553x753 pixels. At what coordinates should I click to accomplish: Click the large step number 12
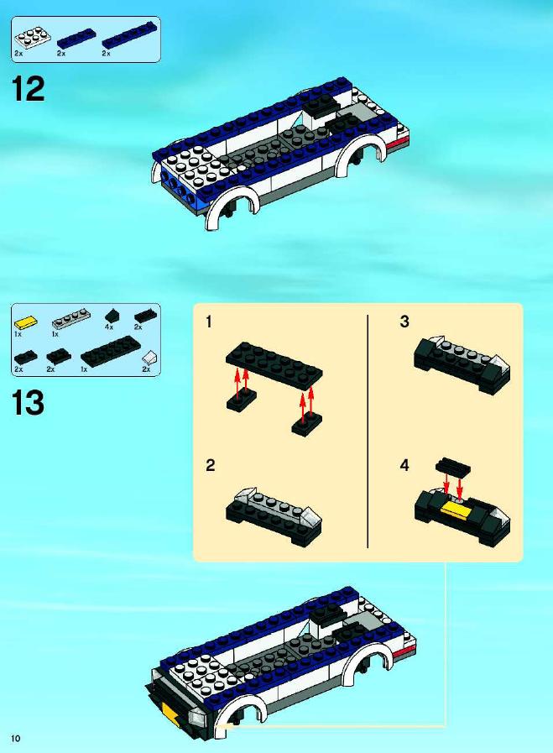28,89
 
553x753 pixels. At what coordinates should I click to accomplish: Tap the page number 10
16,738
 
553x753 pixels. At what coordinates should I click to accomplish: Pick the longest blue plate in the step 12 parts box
129,34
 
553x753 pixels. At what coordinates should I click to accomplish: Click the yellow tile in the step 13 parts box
26,322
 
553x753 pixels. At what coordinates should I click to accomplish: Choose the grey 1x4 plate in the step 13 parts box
71,319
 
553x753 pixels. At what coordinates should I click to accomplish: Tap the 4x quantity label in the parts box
108,327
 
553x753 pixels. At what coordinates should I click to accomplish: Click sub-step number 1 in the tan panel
208,322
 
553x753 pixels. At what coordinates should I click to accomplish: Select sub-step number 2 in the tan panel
211,465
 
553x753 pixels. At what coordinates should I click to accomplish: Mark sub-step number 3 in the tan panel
404,322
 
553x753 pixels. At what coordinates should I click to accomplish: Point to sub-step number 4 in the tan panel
404,465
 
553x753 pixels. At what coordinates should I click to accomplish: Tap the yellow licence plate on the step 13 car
170,710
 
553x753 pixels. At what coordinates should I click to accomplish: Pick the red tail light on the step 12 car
398,142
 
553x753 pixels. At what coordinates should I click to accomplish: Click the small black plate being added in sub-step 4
452,467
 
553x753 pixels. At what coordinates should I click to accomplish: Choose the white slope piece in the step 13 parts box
149,358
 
